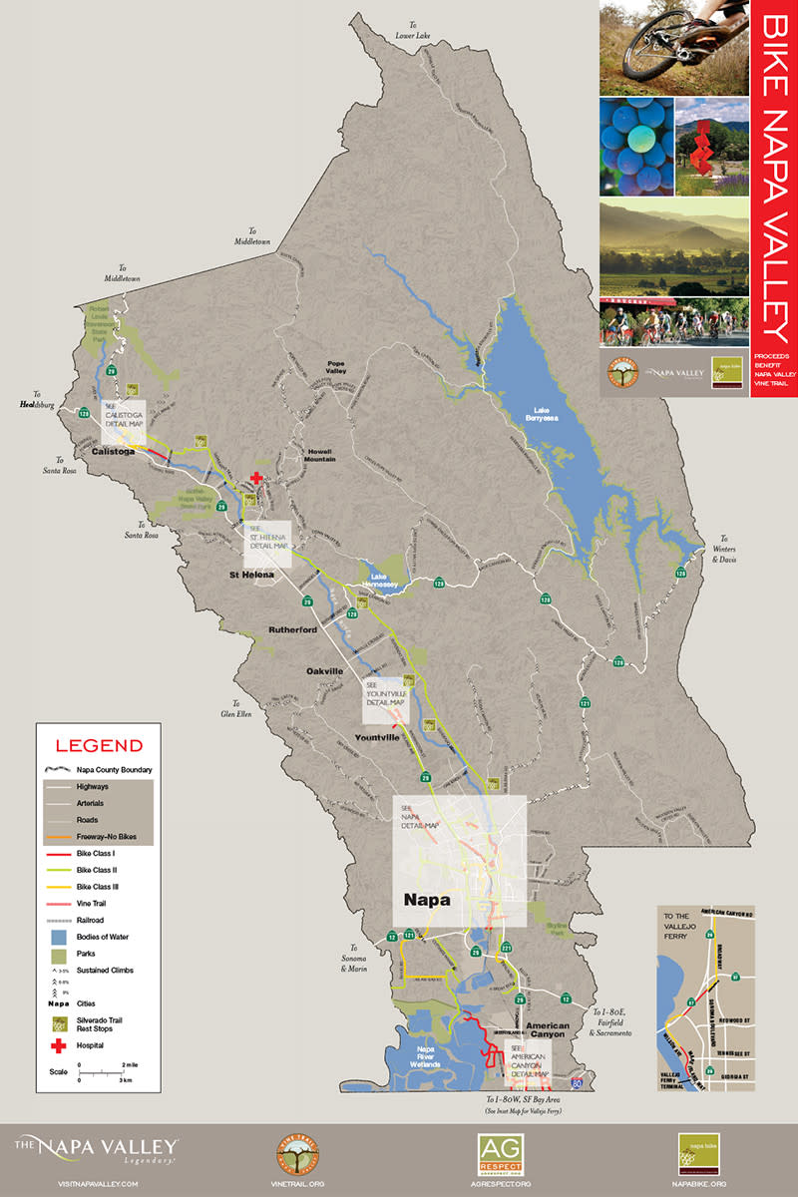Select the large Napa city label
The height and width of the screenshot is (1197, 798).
pos(426,898)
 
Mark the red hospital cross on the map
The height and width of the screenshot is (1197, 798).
pos(257,479)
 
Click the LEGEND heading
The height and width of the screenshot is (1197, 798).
pos(99,745)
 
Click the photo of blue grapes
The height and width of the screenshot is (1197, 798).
pos(633,145)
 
